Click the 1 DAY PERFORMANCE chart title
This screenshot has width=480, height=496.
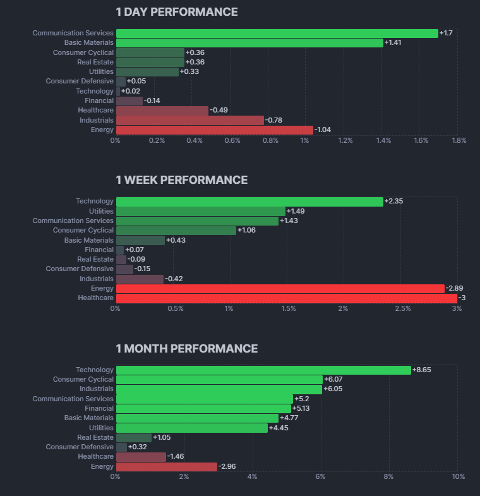(177, 12)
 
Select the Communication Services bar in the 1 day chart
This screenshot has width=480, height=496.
(277, 33)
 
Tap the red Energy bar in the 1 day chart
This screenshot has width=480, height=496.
(214, 130)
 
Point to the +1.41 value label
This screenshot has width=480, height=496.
(393, 43)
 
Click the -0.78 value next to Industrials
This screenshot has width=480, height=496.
(273, 120)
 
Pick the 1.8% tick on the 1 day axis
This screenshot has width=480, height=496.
(459, 140)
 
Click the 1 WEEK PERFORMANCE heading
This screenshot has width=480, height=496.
(181, 180)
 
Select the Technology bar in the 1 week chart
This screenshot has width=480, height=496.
(249, 202)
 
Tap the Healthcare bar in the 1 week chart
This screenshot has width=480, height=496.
(286, 298)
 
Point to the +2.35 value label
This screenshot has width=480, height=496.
(393, 202)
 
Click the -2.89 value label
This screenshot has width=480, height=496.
(455, 288)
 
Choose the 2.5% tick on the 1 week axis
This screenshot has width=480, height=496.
(403, 308)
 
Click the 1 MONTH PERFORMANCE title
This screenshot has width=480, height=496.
(186, 349)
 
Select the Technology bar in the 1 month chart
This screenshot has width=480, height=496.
(263, 370)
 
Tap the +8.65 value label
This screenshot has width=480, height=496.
(421, 370)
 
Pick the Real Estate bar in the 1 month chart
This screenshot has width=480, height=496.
(134, 437)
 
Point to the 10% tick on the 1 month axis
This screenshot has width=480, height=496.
(458, 476)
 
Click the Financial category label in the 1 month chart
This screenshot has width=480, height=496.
(99, 408)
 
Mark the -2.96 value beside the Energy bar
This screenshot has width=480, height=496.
(227, 466)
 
